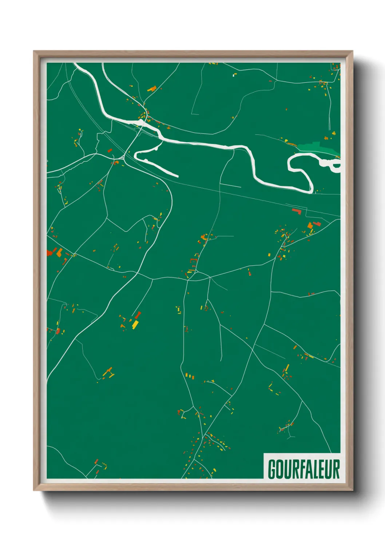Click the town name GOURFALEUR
click(303, 469)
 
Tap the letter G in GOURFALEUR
click(272, 469)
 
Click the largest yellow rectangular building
click(135, 324)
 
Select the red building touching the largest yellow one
click(138, 315)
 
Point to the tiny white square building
click(233, 76)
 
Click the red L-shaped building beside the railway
click(297, 211)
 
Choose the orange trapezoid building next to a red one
click(310, 226)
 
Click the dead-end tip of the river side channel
click(178, 176)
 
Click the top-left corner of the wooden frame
click(34, 51)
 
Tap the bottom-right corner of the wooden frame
click(353, 490)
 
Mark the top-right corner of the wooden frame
click(353, 51)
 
